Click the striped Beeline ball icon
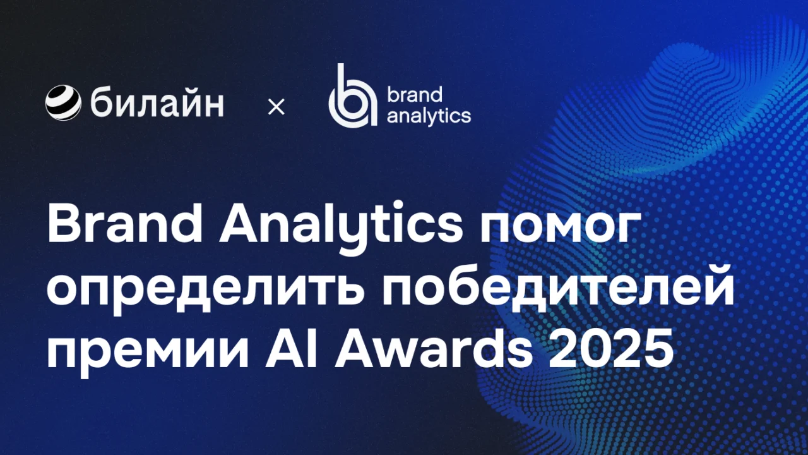tap(63, 102)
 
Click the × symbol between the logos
tap(276, 107)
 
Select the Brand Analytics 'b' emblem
tap(353, 95)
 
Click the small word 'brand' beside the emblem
tap(415, 95)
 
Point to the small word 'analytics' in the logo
tap(429, 116)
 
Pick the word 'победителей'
tap(558, 289)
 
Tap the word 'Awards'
tap(434, 348)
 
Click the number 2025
tap(611, 348)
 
